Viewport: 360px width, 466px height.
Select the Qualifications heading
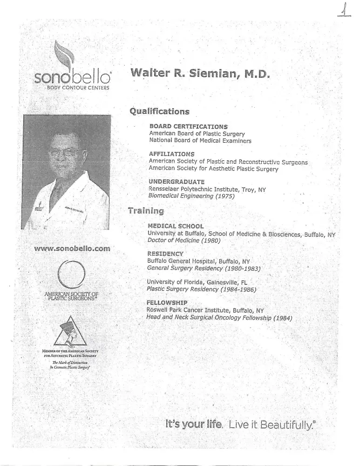click(159, 111)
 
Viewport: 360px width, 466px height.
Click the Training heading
click(145, 211)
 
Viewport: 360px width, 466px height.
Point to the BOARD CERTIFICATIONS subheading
click(188, 126)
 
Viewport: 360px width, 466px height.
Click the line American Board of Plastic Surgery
click(197, 133)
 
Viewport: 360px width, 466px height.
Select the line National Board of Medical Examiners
click(200, 140)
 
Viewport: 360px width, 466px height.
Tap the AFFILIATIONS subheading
click(171, 154)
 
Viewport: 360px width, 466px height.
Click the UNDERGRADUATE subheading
click(176, 181)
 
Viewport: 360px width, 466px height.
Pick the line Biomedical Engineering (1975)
click(191, 196)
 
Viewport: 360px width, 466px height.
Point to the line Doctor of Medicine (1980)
click(183, 240)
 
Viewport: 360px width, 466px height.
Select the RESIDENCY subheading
click(165, 254)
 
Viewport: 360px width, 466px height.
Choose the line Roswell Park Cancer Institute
click(205, 310)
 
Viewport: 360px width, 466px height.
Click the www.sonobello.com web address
click(72, 248)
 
